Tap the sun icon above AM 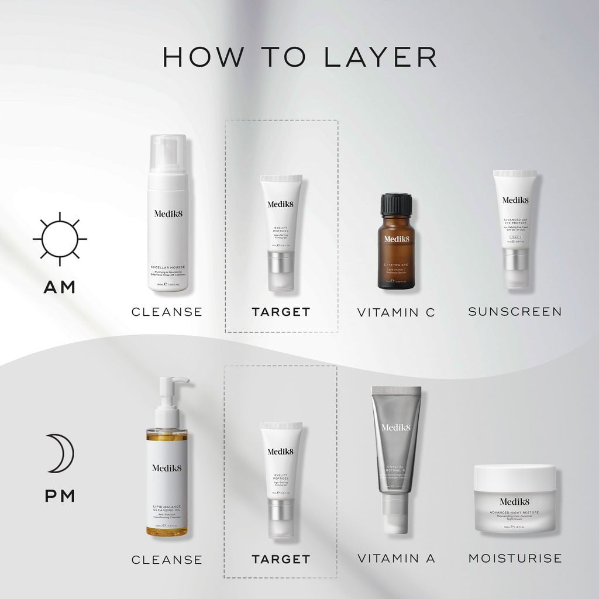pos(60,239)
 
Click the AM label pos(60,287)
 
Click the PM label pos(60,496)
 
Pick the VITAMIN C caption pos(396,312)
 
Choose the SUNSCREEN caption pos(515,311)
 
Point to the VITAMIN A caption pos(396,559)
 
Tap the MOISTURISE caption pos(515,559)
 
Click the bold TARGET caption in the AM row pos(281,312)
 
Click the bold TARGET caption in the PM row pos(281,559)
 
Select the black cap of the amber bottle pos(397,205)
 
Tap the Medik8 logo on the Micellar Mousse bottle pos(167,214)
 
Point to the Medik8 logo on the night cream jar pos(515,501)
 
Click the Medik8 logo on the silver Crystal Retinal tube pos(396,427)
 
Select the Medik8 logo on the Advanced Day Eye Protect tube pos(515,200)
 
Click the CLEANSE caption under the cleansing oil pos(167,560)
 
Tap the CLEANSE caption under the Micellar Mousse pos(167,312)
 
